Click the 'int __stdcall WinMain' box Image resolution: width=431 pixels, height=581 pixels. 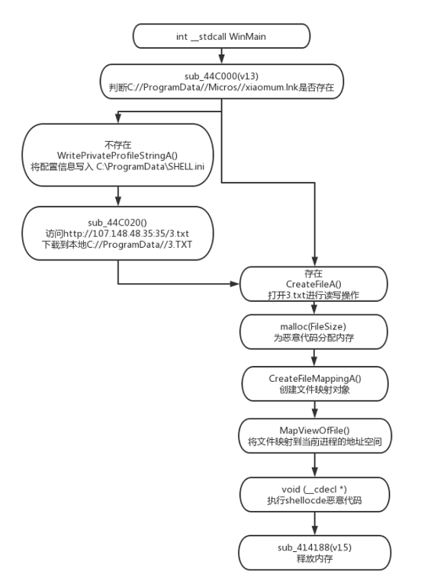coord(223,34)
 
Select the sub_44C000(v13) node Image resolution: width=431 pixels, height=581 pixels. coord(223,80)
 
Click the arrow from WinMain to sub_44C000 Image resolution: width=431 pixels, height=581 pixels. coord(223,54)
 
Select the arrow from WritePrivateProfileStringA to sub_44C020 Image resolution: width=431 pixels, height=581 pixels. coord(118,193)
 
